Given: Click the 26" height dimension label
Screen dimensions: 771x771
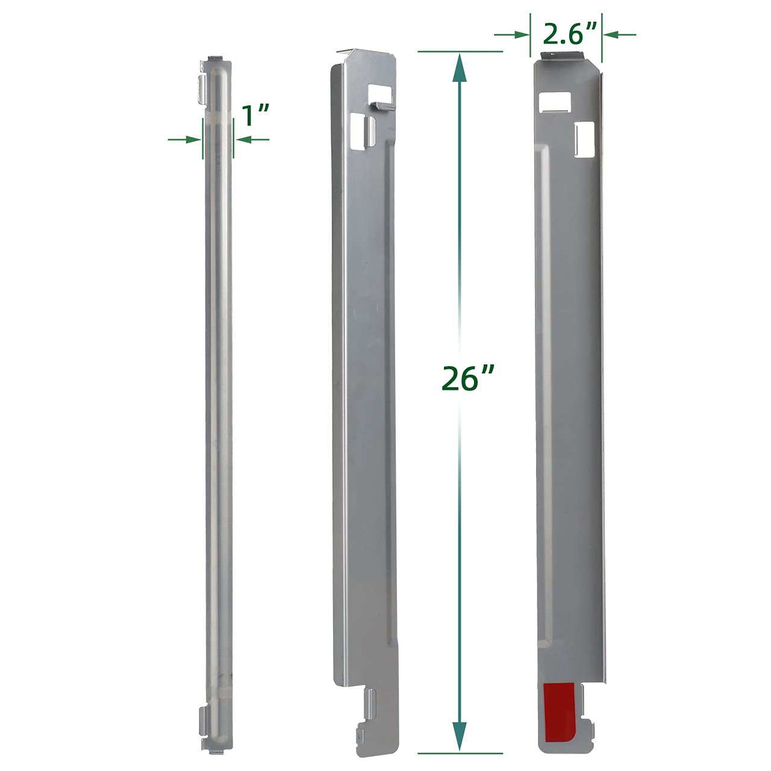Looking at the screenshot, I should click(x=467, y=378).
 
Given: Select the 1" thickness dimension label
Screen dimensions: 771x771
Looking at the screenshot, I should click(x=254, y=116).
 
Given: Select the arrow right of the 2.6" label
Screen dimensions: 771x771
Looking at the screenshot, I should click(x=620, y=35).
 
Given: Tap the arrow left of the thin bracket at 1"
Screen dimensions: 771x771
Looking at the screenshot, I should click(x=184, y=140).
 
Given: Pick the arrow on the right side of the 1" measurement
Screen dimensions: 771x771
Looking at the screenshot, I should click(x=252, y=140).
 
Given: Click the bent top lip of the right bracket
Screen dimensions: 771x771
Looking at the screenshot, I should click(x=564, y=55).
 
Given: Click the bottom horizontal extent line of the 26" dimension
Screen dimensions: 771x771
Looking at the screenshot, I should click(x=460, y=753).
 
